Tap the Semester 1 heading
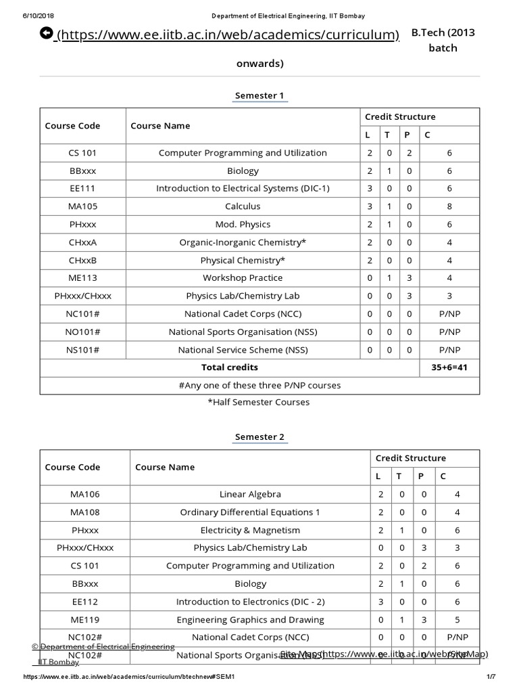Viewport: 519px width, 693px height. (260, 95)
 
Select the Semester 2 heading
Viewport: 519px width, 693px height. (260, 437)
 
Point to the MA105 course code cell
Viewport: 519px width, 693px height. (84, 206)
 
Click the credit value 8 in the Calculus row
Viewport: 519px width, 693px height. (449, 206)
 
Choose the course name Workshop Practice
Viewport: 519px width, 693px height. (243, 278)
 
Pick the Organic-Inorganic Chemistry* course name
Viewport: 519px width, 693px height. (243, 242)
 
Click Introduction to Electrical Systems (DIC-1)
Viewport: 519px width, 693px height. (243, 189)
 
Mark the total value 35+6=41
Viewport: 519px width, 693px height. (449, 367)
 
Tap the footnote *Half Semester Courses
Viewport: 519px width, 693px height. (259, 402)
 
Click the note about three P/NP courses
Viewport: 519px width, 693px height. (259, 385)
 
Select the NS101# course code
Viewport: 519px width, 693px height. (84, 350)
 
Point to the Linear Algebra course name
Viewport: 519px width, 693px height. (250, 495)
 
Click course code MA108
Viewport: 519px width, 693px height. (84, 512)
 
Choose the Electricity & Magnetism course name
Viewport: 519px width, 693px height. (250, 530)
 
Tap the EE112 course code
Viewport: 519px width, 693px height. (84, 602)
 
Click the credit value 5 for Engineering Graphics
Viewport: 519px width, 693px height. (458, 619)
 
